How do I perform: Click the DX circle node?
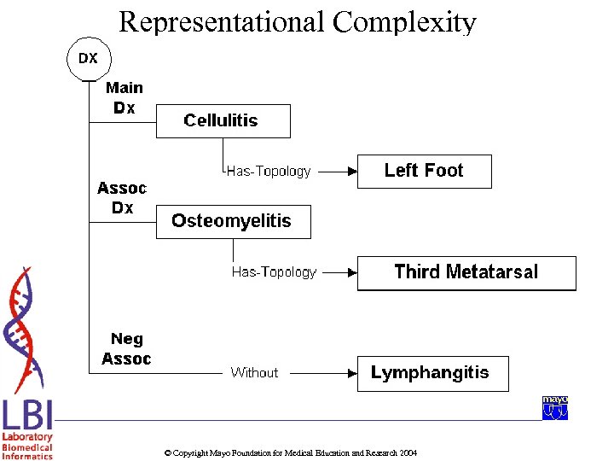pos(89,59)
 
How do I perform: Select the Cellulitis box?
pos(223,120)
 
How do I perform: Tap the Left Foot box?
pos(424,171)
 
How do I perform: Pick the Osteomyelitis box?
pos(233,221)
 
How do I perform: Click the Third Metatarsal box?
pos(466,272)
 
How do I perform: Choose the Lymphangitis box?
pos(432,373)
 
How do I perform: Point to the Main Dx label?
pos(125,98)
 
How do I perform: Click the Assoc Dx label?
pos(122,198)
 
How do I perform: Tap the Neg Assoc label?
pos(126,349)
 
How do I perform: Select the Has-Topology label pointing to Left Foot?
pos(269,172)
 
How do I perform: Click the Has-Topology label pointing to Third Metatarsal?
pos(274,272)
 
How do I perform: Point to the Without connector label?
pos(254,373)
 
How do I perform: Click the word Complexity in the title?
pos(404,21)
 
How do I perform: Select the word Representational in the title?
pos(222,21)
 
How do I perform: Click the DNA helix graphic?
pos(24,329)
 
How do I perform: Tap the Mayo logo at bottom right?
pos(555,407)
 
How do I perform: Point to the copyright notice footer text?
pos(290,452)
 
